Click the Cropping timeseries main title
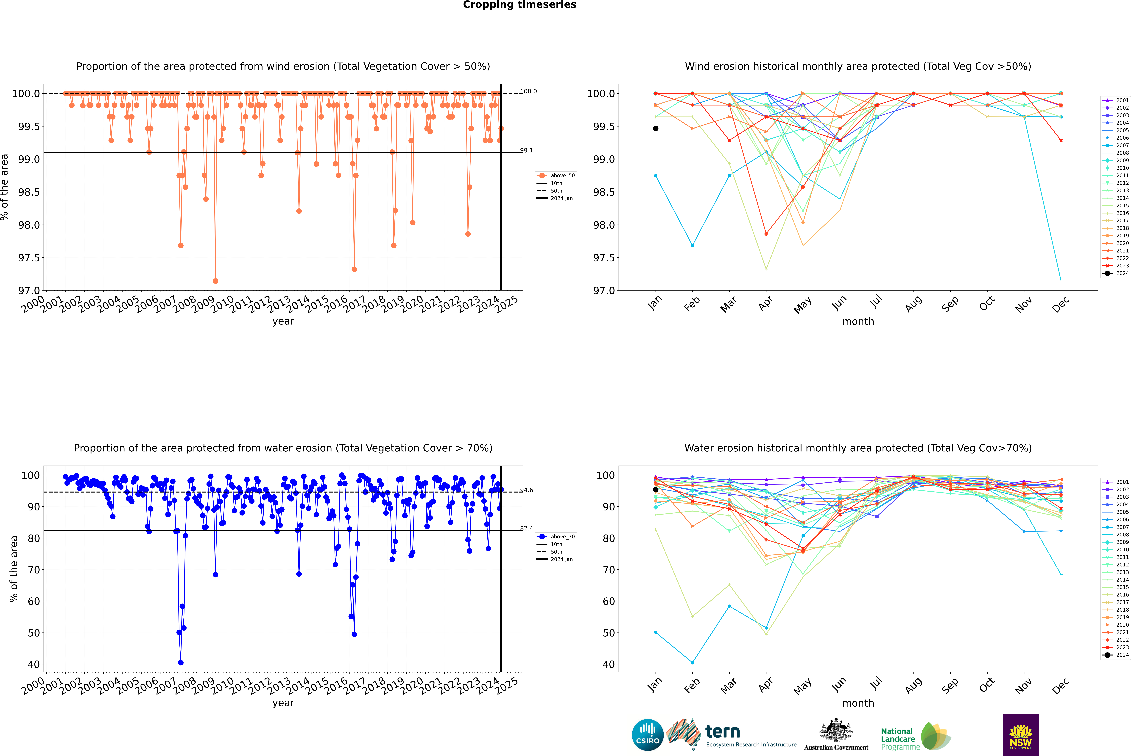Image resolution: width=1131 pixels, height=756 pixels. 519,5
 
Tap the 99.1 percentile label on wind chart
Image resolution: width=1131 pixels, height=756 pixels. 526,150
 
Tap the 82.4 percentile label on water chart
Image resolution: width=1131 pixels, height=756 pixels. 526,528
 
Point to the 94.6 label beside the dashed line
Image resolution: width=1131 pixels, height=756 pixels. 526,490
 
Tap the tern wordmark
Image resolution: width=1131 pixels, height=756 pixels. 722,732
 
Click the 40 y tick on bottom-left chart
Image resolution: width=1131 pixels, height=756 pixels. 34,664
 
